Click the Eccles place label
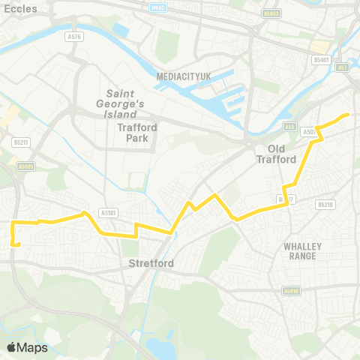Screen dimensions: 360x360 coord(15,8)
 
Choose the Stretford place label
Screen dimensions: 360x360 coord(151,263)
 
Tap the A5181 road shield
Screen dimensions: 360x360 coord(109,212)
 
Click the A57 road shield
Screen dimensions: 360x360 coord(344,67)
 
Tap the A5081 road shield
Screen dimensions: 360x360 coord(25,166)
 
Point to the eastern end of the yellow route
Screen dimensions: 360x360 coord(348,114)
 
